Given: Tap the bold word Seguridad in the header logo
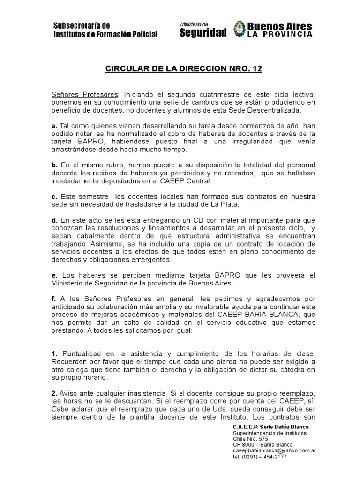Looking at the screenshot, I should click(x=203, y=32).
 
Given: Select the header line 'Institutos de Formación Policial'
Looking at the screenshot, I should click(x=105, y=34).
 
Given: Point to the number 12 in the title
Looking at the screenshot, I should click(x=257, y=69).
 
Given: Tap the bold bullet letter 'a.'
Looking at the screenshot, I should click(x=54, y=126).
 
